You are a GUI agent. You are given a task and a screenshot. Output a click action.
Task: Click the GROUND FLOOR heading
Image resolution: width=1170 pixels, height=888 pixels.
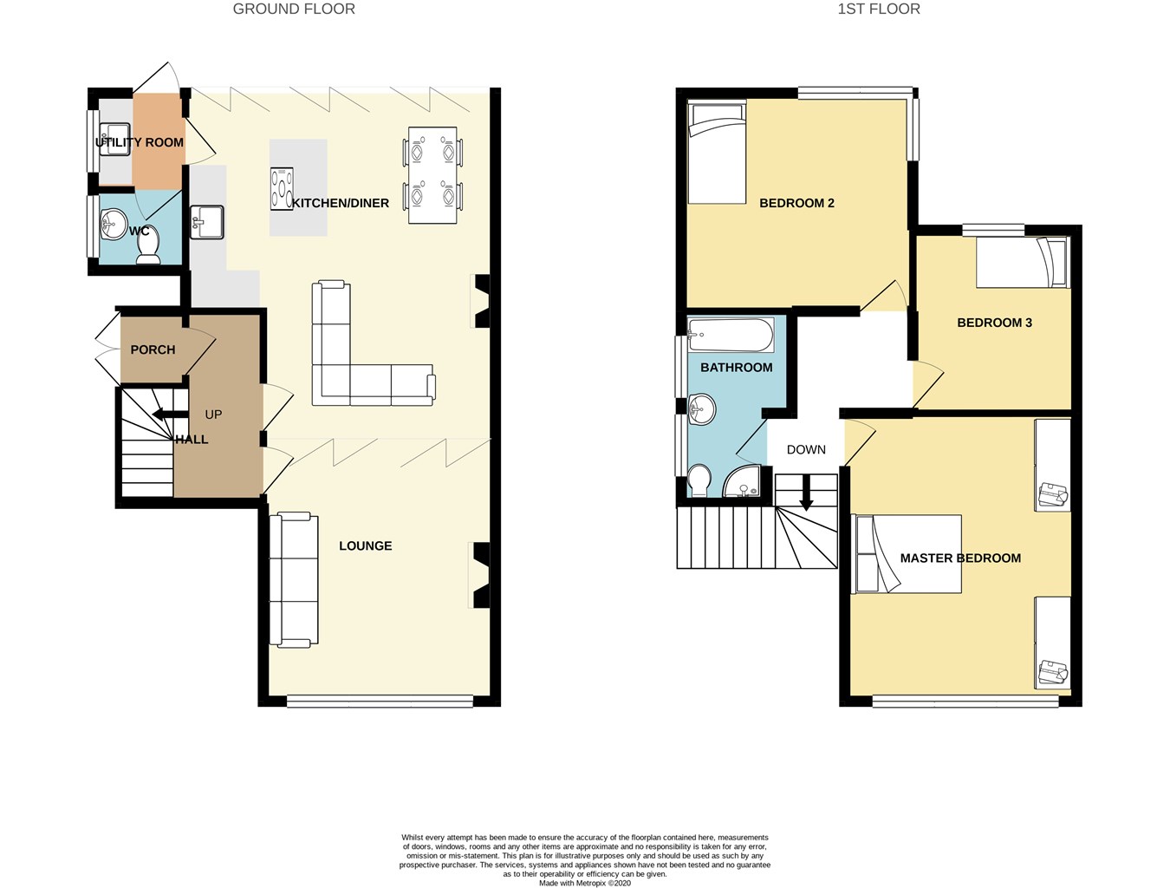[294, 9]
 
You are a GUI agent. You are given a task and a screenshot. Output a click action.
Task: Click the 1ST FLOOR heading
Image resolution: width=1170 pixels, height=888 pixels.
[879, 9]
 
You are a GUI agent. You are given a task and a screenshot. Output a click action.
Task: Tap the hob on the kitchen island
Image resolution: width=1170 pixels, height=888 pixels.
[282, 188]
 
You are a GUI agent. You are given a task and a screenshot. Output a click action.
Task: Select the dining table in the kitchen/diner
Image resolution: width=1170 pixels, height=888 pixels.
[432, 175]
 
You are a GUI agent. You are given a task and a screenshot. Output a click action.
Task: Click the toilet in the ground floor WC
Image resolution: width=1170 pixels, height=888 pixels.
[149, 245]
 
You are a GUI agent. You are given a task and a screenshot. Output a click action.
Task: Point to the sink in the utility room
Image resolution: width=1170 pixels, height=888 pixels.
[114, 140]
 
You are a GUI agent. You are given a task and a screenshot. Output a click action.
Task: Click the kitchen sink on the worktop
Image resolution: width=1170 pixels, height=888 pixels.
[207, 222]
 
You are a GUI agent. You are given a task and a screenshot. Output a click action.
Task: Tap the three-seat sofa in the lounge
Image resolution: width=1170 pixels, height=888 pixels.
[294, 580]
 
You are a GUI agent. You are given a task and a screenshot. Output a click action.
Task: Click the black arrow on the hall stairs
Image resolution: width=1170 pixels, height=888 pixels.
[170, 415]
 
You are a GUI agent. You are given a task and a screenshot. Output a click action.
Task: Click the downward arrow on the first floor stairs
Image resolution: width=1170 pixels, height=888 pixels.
[806, 493]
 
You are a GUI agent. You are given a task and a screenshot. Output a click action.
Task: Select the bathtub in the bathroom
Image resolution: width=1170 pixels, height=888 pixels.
[731, 335]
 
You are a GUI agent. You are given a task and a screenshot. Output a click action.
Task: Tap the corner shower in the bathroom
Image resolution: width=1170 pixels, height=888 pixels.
[743, 481]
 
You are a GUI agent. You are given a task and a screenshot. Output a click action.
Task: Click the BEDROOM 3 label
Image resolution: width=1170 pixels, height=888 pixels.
[994, 323]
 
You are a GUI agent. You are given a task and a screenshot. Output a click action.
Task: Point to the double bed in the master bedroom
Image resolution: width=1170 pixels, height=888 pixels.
[907, 553]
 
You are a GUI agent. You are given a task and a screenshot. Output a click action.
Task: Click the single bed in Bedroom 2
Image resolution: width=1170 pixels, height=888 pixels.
[717, 153]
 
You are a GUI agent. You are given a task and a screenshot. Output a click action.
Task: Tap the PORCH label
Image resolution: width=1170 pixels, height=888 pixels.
[153, 349]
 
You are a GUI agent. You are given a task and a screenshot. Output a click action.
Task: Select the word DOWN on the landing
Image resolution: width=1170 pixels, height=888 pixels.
[806, 449]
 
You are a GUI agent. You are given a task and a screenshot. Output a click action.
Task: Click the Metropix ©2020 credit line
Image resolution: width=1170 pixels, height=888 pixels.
[585, 883]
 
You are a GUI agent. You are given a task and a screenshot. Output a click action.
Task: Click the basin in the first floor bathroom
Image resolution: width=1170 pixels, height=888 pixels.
[701, 409]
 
